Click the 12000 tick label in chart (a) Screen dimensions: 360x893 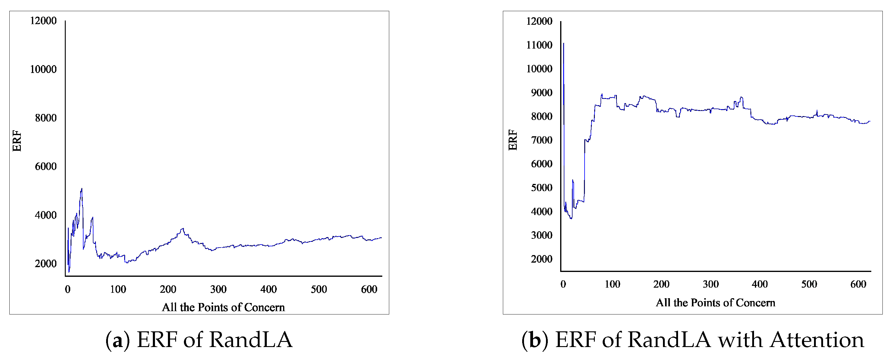43,21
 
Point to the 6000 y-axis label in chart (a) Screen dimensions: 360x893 46,166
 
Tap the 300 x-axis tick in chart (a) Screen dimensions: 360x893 218,289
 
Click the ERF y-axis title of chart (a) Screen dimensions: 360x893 17,141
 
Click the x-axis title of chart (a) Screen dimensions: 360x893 223,307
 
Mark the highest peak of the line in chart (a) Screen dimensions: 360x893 81,189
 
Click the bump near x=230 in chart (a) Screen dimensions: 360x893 182,229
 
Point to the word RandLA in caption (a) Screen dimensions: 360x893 251,339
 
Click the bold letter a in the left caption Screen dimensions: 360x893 117,340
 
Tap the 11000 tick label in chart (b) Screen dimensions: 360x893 539,45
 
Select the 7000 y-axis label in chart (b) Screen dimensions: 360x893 541,140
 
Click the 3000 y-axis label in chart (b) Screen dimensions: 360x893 541,235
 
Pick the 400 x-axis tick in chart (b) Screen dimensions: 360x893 759,284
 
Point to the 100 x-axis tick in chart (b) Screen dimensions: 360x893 612,284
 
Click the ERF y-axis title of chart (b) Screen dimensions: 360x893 513,140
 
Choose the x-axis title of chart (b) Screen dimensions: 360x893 715,303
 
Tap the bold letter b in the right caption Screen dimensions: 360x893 535,340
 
